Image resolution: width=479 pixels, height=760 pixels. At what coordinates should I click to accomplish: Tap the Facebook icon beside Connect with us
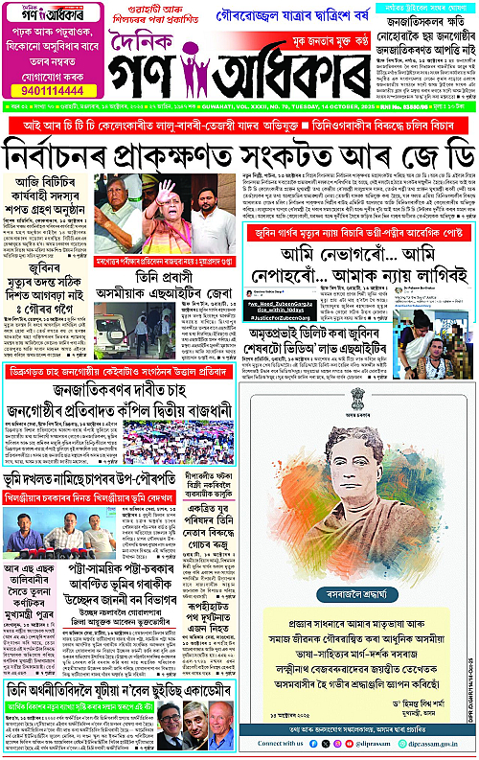314,743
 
